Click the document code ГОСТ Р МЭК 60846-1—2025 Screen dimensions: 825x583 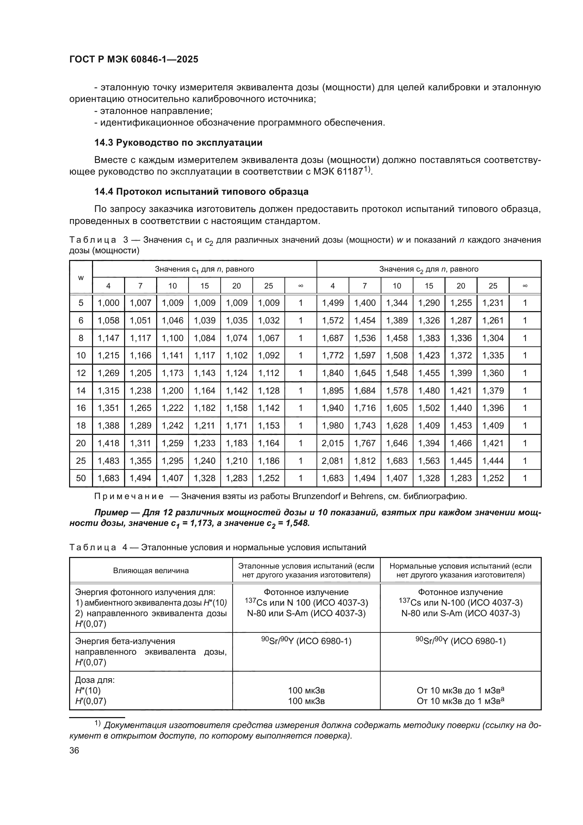(x=134, y=60)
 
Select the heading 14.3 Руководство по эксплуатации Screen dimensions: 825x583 (x=178, y=142)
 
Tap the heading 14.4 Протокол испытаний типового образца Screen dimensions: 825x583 (x=201, y=192)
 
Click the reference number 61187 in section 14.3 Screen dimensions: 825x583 (x=350, y=172)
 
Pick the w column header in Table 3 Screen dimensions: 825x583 (x=81, y=277)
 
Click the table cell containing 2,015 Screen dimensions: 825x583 (x=332, y=443)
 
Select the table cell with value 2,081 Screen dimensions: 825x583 (x=332, y=461)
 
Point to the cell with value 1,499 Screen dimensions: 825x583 (x=332, y=303)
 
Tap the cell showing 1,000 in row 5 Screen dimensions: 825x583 (x=109, y=303)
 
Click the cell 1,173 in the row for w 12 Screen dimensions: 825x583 (x=172, y=373)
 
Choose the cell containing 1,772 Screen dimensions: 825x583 (x=332, y=356)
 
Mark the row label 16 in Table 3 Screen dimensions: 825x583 (x=81, y=408)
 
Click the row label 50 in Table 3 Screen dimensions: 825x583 (x=81, y=478)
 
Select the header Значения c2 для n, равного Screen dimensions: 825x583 (x=429, y=269)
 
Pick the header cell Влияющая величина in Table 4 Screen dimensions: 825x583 (x=151, y=571)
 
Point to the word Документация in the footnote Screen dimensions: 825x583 (x=137, y=725)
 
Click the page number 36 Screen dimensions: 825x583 (x=74, y=751)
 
